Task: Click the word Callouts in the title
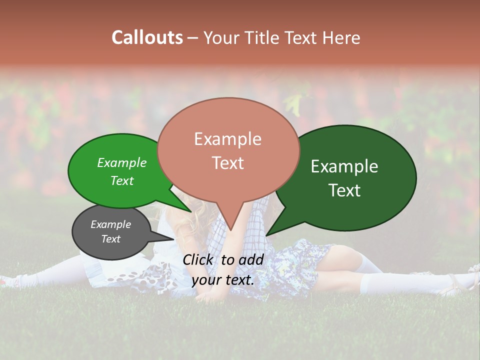tap(147, 37)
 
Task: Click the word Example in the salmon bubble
tap(227, 139)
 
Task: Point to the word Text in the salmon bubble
tap(227, 162)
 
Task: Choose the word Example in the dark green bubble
tap(344, 166)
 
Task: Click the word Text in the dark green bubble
tap(344, 190)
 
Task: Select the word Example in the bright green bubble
tap(122, 163)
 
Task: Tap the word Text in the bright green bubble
tap(122, 180)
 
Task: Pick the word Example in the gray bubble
tap(110, 224)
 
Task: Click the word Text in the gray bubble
tap(110, 239)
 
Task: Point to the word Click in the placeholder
tap(198, 259)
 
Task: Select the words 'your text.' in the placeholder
tap(223, 280)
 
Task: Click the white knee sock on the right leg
tap(372, 283)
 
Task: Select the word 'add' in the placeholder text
tap(251, 259)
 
